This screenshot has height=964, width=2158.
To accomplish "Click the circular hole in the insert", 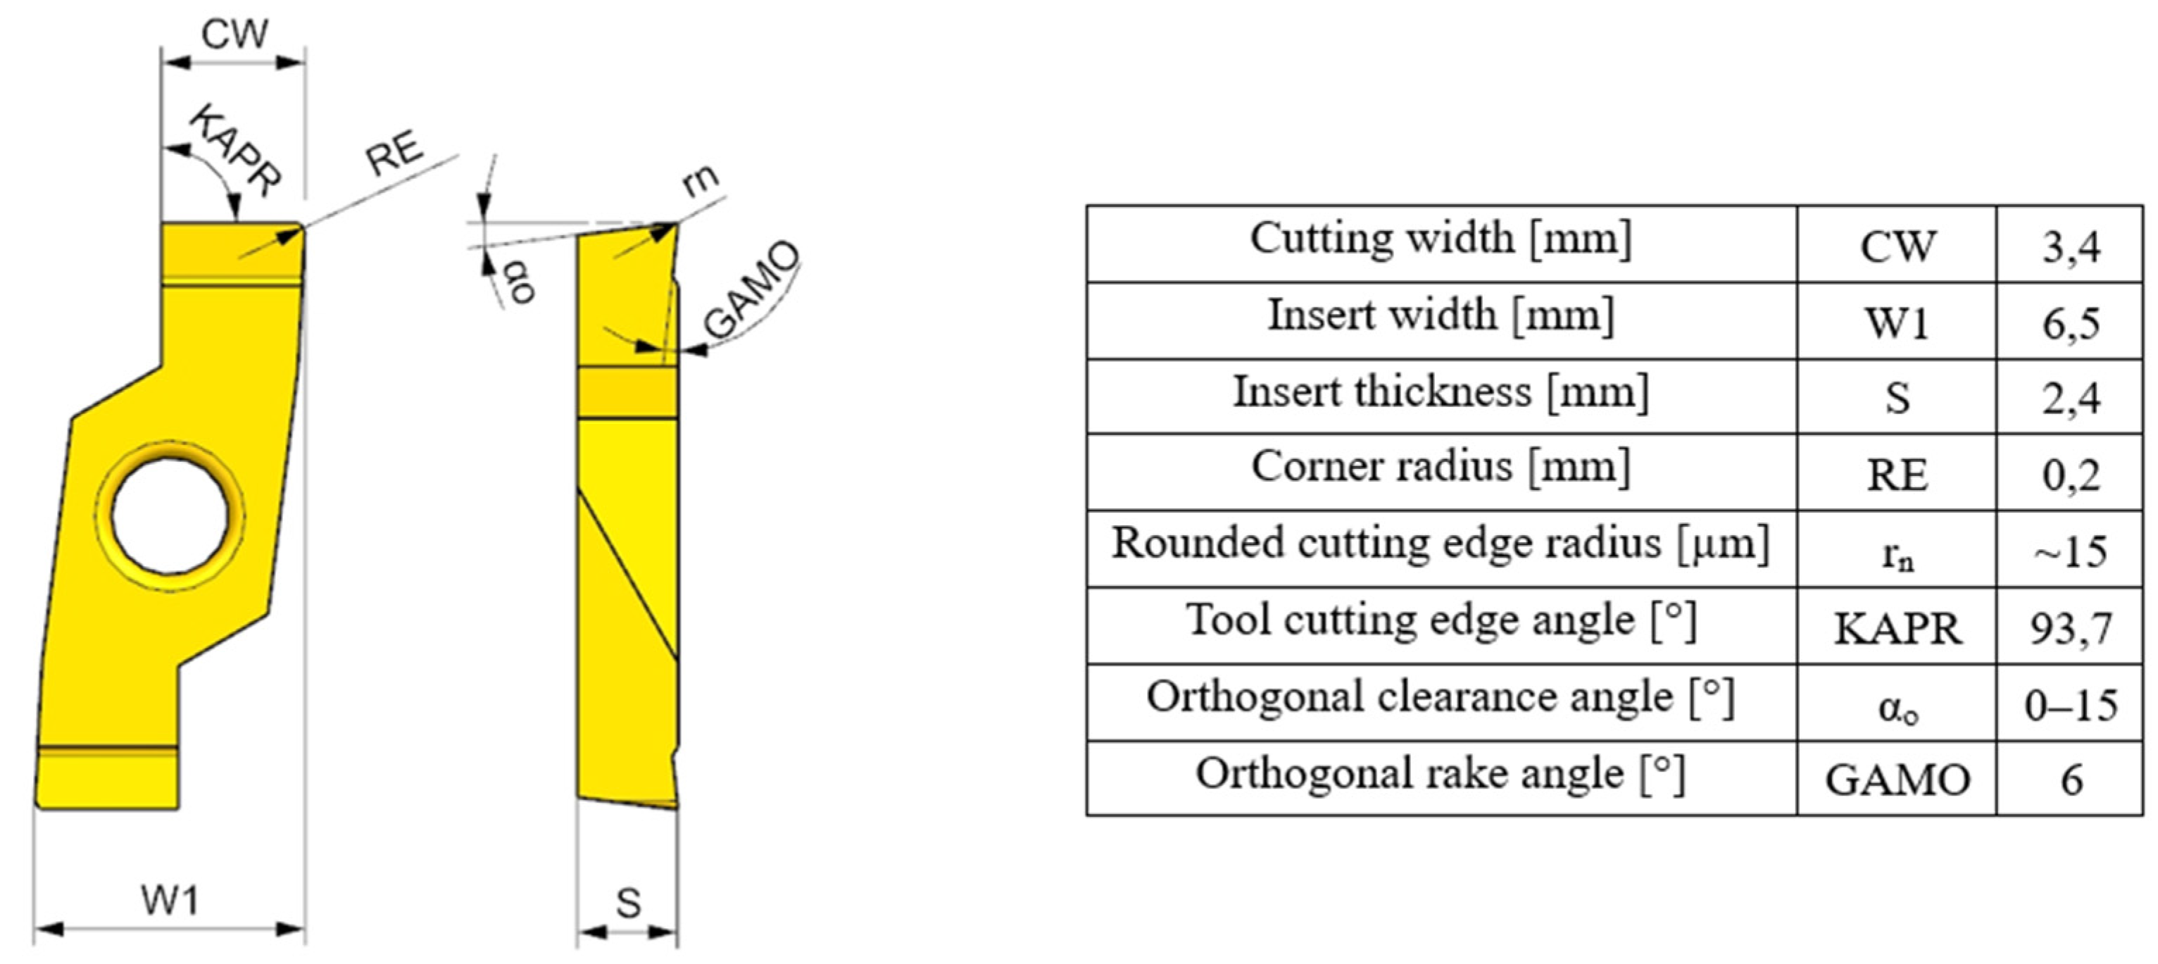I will coord(170,516).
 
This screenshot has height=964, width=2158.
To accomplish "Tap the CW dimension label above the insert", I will coord(234,35).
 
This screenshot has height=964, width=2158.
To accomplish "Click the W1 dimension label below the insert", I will coord(170,901).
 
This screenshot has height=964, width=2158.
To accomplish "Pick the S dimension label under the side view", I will coord(628,903).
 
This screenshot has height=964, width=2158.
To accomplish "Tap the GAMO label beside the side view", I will coord(751,289).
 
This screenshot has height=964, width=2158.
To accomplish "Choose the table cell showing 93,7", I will coord(2070,628).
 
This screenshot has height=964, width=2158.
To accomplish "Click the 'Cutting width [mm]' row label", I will coord(1441,239).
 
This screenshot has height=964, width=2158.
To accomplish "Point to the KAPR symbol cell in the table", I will coord(1897,628).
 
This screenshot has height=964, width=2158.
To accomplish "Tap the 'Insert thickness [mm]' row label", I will coord(1441,392).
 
